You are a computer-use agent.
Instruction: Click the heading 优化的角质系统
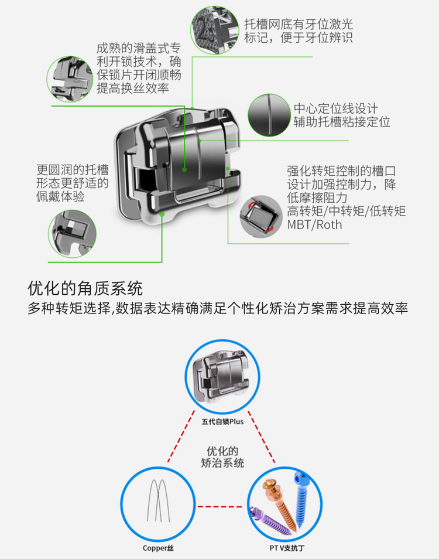[x=85, y=288]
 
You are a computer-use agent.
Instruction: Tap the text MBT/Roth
[x=314, y=225]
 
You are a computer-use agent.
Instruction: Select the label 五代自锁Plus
[x=222, y=421]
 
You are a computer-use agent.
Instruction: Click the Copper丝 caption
[x=158, y=548]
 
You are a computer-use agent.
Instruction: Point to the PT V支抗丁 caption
[x=287, y=548]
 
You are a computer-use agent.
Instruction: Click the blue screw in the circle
[x=300, y=499]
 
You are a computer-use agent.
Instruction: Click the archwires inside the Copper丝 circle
[x=158, y=501]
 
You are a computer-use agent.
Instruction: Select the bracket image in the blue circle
[x=222, y=376]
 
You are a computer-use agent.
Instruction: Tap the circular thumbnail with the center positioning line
[x=269, y=115]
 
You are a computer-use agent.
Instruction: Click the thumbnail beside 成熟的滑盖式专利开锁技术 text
[x=70, y=79]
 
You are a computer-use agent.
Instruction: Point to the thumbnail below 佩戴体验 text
[x=72, y=234]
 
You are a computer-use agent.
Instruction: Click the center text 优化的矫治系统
[x=222, y=457]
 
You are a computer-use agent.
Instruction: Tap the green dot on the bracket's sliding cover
[x=184, y=170]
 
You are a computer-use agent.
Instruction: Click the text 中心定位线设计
[x=335, y=108]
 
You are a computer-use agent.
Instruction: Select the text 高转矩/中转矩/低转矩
[x=346, y=212]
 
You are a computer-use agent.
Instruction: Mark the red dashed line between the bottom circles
[x=220, y=506]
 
